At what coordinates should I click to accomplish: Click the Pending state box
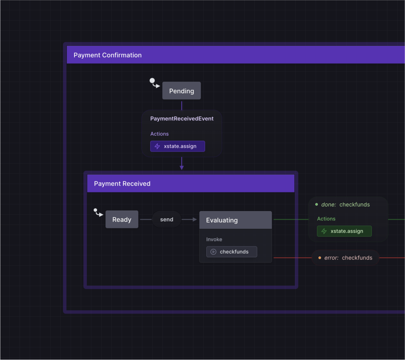[x=181, y=91]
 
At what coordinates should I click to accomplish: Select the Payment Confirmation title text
[x=107, y=55]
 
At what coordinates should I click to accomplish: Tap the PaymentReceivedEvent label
[x=182, y=118]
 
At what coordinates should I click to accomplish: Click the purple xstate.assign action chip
[x=177, y=146]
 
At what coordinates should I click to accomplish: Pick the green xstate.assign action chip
[x=344, y=231]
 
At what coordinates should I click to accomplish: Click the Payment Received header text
[x=122, y=183]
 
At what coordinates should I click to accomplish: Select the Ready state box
[x=122, y=220]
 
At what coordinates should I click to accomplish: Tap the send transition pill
[x=166, y=220]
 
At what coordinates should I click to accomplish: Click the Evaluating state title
[x=222, y=220]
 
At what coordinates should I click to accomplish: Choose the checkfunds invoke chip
[x=231, y=251]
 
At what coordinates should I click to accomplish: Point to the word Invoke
[x=214, y=239]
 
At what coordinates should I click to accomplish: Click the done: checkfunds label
[x=345, y=204]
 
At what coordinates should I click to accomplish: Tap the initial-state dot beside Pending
[x=152, y=80]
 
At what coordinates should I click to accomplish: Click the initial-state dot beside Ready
[x=96, y=210]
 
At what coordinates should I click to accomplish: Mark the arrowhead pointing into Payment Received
[x=182, y=168]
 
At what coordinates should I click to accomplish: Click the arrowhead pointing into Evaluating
[x=195, y=220]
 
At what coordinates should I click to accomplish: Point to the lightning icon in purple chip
[x=157, y=146]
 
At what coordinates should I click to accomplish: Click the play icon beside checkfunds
[x=213, y=251]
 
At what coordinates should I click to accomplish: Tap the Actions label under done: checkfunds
[x=326, y=218]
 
